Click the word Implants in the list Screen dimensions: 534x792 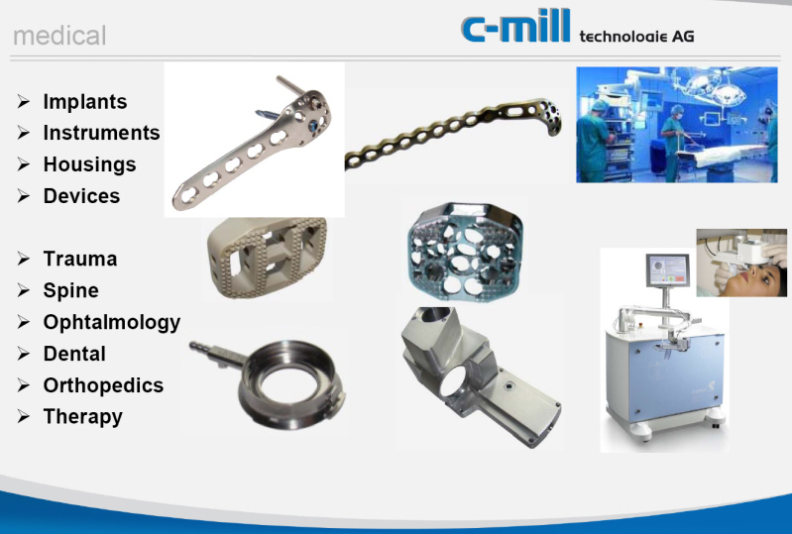tap(85, 102)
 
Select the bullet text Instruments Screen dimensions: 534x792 tap(101, 133)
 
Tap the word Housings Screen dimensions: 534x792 tap(89, 164)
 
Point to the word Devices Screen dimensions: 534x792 tap(81, 196)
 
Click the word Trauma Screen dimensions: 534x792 tap(80, 260)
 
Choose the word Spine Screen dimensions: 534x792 tap(71, 291)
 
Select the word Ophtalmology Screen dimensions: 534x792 tap(112, 323)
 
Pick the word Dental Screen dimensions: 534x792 tap(74, 355)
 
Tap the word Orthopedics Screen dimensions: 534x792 tap(103, 386)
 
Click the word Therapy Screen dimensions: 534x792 tap(83, 417)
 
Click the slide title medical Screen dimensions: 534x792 tap(59, 37)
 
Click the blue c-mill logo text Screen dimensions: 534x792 tap(515, 27)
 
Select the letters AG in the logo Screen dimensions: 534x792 tap(683, 36)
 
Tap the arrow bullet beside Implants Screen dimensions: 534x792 tap(24, 102)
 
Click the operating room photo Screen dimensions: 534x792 tap(676, 124)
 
